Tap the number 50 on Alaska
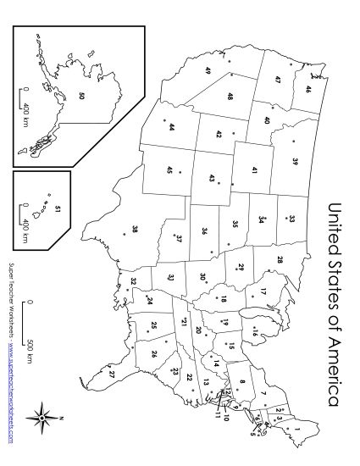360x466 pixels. pos(81,96)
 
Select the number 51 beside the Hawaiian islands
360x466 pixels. pos(57,208)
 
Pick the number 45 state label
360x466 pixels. pos(169,170)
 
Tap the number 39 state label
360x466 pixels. pos(296,161)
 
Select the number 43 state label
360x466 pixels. pos(211,179)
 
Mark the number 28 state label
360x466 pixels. pos(280,259)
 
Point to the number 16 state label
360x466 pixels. pos(253,335)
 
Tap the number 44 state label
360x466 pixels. pos(171,128)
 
